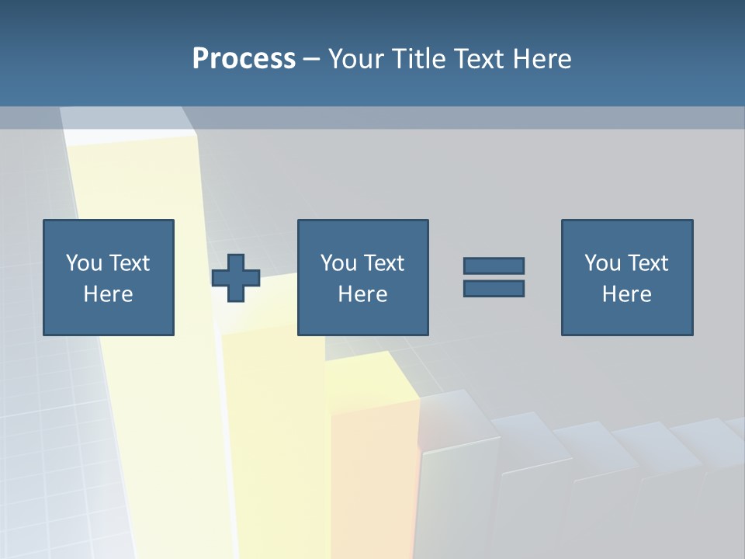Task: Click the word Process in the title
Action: pos(244,59)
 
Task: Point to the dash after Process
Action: pos(312,60)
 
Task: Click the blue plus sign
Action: pos(236,278)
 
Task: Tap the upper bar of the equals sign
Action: pos(494,266)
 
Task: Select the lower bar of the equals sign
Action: pos(494,289)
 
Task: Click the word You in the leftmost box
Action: pos(84,263)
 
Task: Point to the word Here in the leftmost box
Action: pos(108,294)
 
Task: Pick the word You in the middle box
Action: pos(338,263)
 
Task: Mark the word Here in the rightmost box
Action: pos(626,294)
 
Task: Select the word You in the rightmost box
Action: pos(602,263)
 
